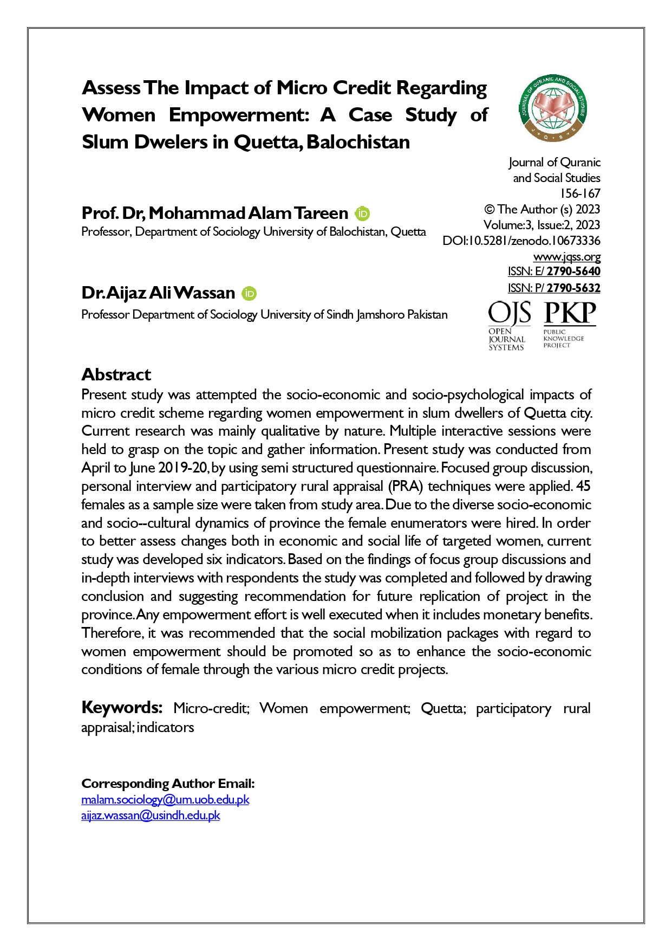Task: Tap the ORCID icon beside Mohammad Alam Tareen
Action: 362,214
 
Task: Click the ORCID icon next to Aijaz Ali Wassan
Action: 249,293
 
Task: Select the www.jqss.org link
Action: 566,256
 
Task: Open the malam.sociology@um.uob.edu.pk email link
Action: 165,799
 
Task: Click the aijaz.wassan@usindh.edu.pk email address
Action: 151,815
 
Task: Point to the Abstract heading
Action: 116,374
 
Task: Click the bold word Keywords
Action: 122,707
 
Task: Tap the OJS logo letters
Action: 509,314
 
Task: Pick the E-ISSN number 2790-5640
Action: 573,271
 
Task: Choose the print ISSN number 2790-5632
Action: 573,288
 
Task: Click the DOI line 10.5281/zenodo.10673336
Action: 521,241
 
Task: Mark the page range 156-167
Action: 580,193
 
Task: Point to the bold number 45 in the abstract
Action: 583,486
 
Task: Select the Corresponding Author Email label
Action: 168,784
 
